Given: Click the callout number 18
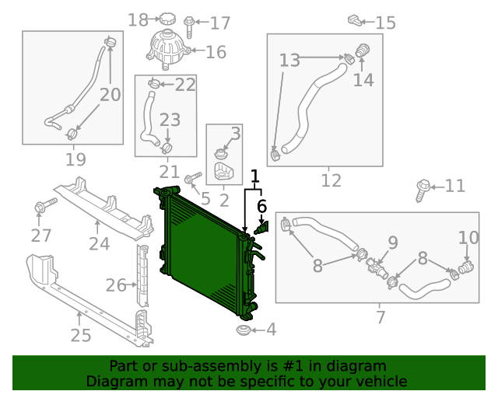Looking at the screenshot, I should tap(137, 20).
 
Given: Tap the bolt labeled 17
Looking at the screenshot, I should tap(191, 22).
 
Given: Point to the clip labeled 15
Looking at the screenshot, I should tap(355, 19).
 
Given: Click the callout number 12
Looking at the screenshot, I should tap(331, 180).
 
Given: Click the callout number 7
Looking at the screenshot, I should tap(381, 317).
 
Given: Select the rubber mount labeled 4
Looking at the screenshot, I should tap(242, 332).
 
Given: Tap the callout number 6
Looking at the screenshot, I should tap(261, 206).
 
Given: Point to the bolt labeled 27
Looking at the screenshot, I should tap(40, 208).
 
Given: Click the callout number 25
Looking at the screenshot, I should tap(81, 336).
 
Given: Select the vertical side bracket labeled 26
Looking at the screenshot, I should tap(142, 275).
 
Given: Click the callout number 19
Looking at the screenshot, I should tap(75, 160).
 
